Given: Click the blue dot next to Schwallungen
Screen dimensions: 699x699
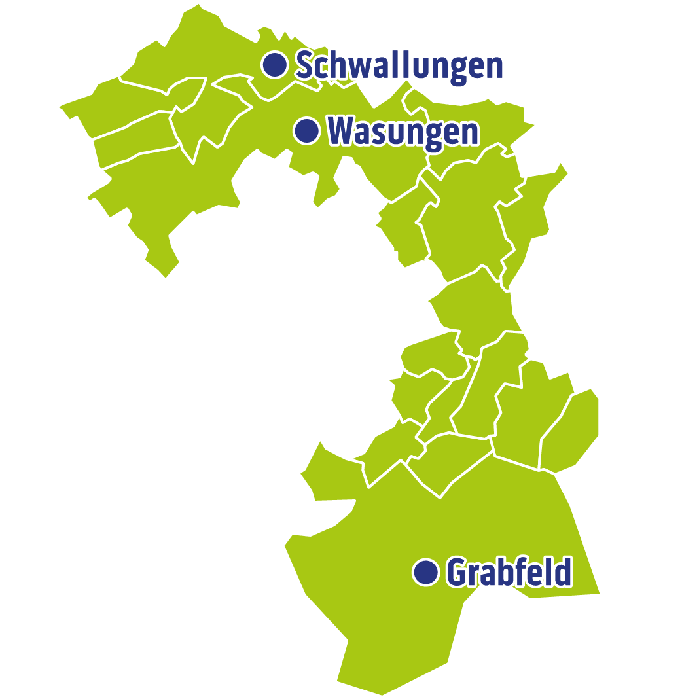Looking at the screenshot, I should (275, 64).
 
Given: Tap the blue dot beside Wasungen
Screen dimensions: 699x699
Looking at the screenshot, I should (306, 130).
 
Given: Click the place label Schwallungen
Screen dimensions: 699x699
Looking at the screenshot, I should (399, 65).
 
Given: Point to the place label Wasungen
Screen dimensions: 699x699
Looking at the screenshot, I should (403, 132).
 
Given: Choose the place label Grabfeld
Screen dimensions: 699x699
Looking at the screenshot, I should (509, 573).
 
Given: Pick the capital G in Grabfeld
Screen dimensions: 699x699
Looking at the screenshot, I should (457, 573).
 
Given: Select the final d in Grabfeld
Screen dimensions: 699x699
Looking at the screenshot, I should (563, 572).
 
